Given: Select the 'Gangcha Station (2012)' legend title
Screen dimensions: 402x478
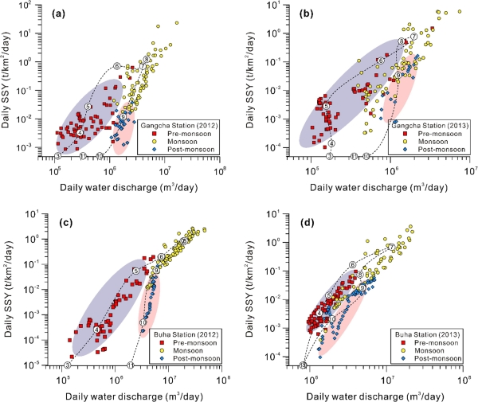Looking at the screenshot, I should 178,125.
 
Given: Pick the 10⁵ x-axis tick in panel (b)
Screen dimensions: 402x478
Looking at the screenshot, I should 311,169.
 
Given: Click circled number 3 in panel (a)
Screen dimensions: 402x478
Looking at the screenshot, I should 57,156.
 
